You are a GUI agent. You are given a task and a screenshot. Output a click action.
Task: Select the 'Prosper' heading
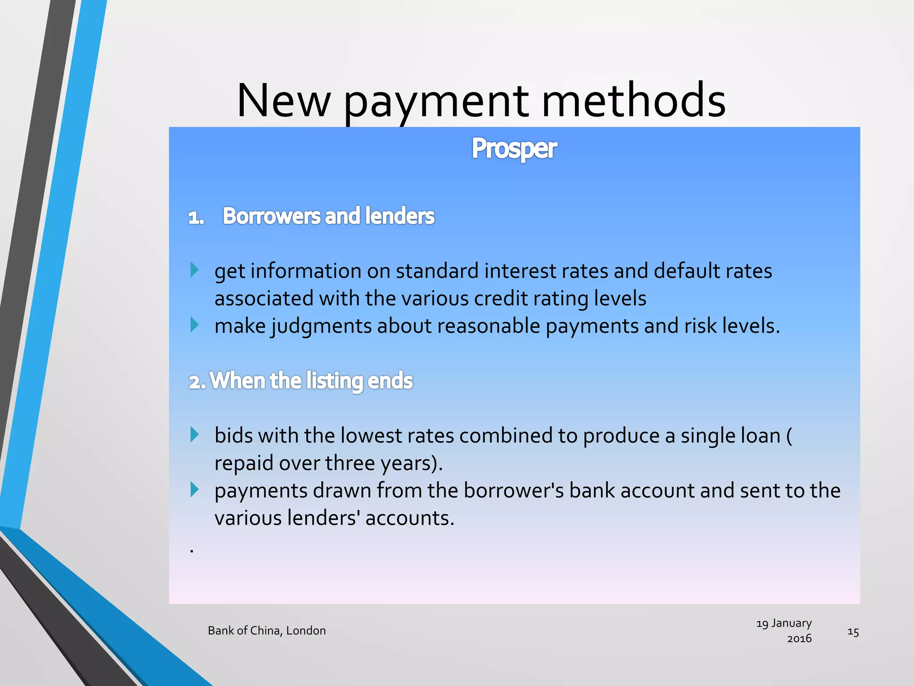[x=514, y=148]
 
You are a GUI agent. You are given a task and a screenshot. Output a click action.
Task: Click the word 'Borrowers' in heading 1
[x=271, y=216]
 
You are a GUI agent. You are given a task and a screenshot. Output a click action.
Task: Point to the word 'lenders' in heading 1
[x=399, y=216]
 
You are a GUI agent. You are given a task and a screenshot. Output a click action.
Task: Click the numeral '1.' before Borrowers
[x=196, y=218]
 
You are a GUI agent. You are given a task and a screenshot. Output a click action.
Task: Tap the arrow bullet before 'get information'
[x=194, y=270]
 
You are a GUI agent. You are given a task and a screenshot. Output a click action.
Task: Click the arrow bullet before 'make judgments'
[x=194, y=325]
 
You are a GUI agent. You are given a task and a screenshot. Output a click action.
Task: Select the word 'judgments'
[x=321, y=326]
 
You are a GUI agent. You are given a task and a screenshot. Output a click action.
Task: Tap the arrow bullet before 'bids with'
[x=194, y=435]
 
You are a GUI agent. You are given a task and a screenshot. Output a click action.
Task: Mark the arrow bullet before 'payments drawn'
[x=194, y=489]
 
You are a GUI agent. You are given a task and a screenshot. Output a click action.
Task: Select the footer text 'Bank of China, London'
[x=267, y=631]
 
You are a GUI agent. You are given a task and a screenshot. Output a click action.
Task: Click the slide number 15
[x=853, y=632]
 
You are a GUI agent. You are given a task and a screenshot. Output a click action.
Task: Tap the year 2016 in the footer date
[x=799, y=639]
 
